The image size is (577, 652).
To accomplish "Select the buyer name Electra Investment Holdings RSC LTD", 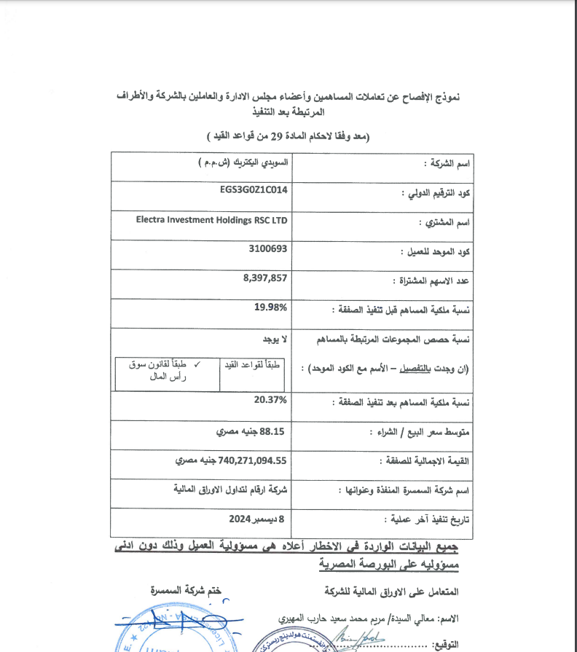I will [x=211, y=219].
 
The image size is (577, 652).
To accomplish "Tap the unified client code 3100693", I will [x=268, y=248].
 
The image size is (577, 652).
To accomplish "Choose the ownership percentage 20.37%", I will [x=271, y=400].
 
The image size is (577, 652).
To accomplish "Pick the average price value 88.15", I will [x=275, y=431].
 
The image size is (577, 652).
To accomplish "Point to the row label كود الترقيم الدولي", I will [x=436, y=194].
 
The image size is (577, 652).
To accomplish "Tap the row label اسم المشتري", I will [x=444, y=223].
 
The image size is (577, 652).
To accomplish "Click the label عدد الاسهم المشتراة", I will [x=431, y=281].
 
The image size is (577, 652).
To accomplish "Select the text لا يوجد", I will [x=275, y=340].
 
